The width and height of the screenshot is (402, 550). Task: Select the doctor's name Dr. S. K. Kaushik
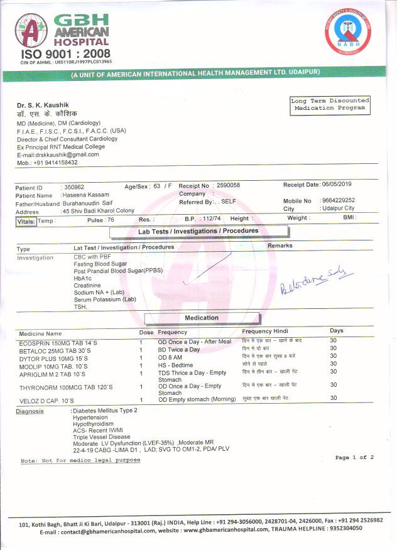click(43, 104)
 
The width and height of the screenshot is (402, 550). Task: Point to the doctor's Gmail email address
click(58, 154)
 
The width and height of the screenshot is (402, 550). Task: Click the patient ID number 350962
click(74, 187)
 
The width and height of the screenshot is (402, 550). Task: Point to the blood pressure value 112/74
click(210, 218)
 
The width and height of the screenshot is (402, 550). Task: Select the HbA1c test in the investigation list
click(83, 278)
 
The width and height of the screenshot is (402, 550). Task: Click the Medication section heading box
click(201, 318)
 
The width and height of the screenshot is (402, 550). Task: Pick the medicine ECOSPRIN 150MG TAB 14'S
click(58, 342)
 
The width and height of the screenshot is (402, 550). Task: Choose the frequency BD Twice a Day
click(179, 349)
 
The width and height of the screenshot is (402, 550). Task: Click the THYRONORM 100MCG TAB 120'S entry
click(66, 387)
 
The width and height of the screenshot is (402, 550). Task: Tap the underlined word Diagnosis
click(30, 411)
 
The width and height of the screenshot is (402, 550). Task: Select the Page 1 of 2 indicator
click(354, 458)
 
